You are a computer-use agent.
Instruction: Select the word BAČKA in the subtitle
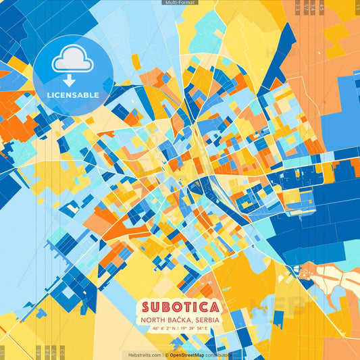(x=178, y=319)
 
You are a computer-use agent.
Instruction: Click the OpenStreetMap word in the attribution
(x=187, y=355)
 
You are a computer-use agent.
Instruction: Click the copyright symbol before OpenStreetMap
(x=166, y=355)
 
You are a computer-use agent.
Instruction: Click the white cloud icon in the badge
(x=73, y=61)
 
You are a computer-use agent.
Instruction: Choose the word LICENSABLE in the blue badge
(x=73, y=95)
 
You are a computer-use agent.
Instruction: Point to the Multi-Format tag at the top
(x=180, y=3)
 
